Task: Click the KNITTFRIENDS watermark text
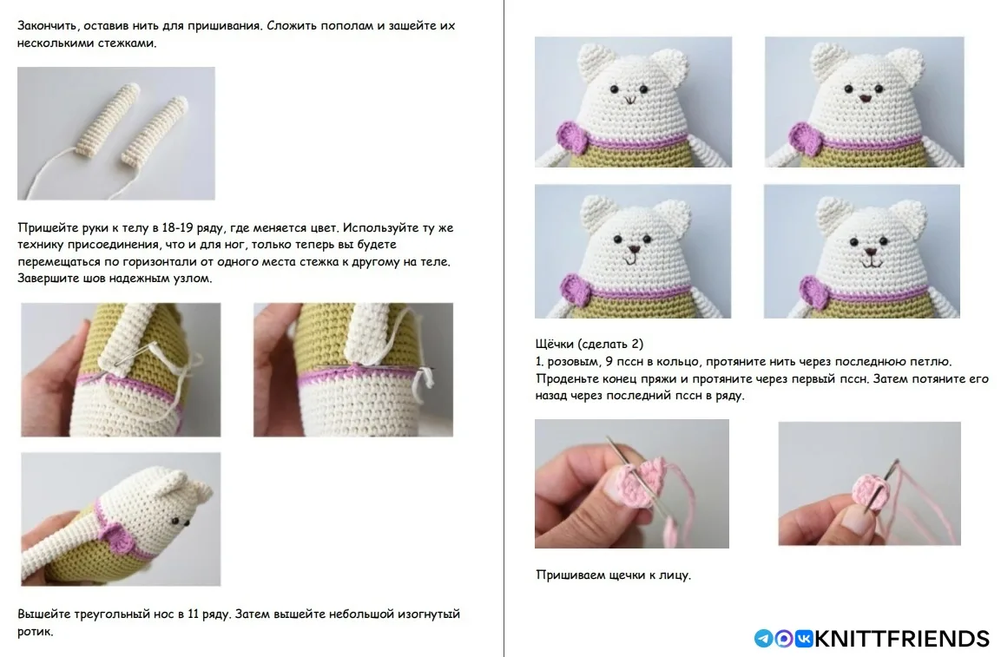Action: tap(901, 639)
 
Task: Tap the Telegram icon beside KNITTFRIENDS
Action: tap(763, 639)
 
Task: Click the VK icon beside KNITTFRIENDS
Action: tap(804, 639)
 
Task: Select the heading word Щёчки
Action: tap(555, 345)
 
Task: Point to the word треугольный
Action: tap(112, 614)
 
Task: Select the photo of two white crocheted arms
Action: tap(116, 134)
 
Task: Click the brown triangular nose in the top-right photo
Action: tap(865, 98)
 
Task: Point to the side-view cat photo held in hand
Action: tap(121, 519)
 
